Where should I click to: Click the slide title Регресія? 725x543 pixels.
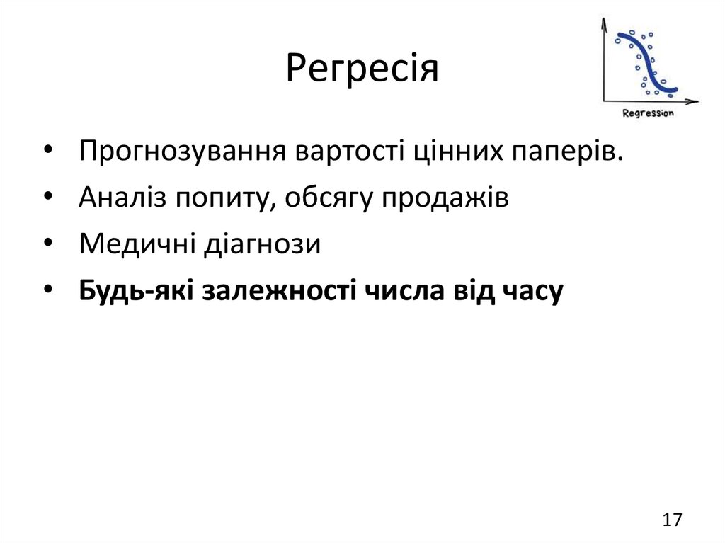[362, 69]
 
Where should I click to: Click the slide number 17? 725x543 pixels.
[673, 520]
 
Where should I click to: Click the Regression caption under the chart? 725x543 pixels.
[648, 113]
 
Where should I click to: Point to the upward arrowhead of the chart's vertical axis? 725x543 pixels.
[604, 23]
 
